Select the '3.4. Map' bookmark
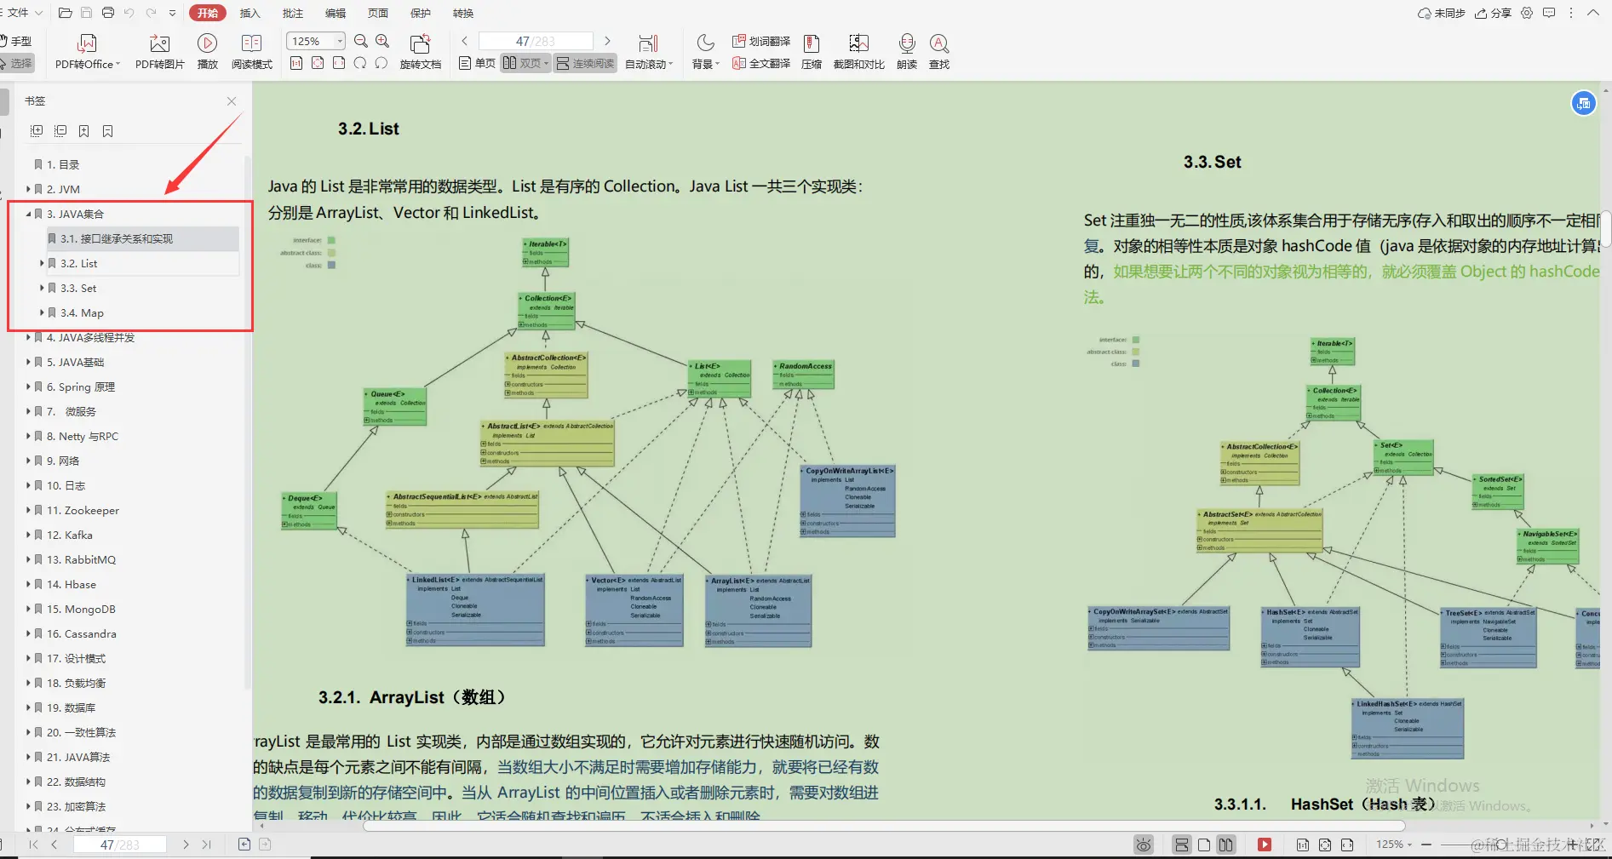point(82,312)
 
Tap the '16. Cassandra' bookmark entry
point(81,633)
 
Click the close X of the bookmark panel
point(232,101)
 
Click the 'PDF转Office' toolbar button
point(87,51)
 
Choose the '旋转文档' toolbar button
point(420,51)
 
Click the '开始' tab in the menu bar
point(208,13)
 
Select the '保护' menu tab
point(421,13)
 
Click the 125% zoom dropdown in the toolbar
point(315,41)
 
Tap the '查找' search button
point(938,51)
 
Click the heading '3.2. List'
point(368,129)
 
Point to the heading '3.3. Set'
point(1212,162)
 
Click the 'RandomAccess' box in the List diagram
point(804,375)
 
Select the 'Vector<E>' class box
point(634,609)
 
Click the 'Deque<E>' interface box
point(309,510)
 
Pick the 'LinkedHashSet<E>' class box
point(1408,728)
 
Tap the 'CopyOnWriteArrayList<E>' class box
point(848,501)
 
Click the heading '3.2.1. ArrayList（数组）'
point(412,697)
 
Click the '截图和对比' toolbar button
point(858,51)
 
